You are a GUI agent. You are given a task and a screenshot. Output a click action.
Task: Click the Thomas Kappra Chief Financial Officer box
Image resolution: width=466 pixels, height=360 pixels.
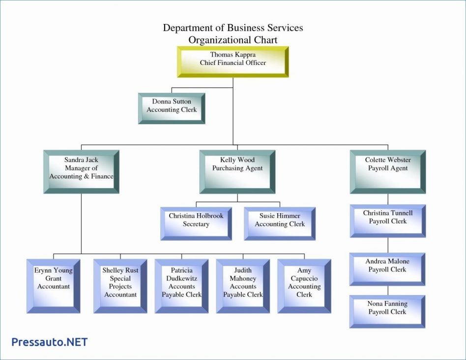[233, 62]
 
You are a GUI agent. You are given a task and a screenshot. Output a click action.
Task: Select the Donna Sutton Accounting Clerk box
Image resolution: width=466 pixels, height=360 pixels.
[172, 108]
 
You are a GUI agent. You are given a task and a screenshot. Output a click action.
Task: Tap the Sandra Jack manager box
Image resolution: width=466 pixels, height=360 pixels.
[81, 171]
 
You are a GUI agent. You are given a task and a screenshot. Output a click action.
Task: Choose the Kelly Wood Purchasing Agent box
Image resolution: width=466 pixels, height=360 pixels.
[237, 171]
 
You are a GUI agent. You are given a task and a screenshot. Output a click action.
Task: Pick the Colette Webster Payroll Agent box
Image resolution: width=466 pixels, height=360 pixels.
[388, 171]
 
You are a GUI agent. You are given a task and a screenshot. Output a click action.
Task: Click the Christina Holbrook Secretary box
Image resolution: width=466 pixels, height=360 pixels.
[196, 223]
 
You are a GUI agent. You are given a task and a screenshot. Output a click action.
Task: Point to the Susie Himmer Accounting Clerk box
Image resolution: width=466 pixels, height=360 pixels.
[280, 223]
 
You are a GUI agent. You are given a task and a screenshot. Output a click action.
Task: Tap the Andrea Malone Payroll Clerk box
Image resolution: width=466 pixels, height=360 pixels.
[387, 269]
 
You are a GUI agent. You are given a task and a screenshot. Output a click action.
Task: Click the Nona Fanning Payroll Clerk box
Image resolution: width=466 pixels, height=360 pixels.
[387, 311]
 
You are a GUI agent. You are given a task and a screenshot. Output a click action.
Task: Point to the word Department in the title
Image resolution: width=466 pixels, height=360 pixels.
[188, 28]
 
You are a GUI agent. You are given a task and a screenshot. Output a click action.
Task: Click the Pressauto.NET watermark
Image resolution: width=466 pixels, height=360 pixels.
[49, 342]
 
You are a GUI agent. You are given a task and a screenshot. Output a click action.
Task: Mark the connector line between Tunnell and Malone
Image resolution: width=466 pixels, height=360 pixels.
[388, 245]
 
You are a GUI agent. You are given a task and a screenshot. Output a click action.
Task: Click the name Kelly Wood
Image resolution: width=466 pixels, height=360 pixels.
[237, 160]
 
